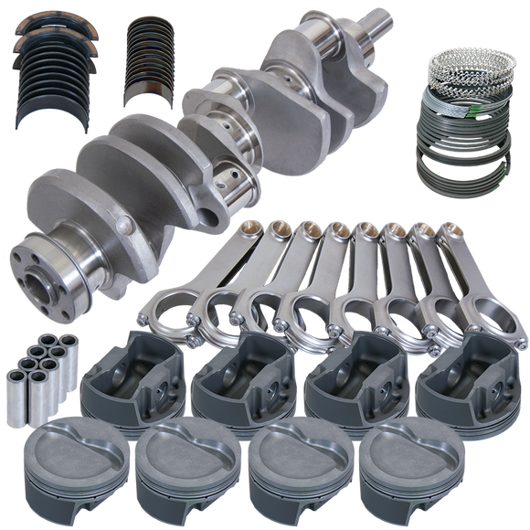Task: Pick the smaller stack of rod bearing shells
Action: point(152,64)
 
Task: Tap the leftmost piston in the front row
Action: point(65,461)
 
